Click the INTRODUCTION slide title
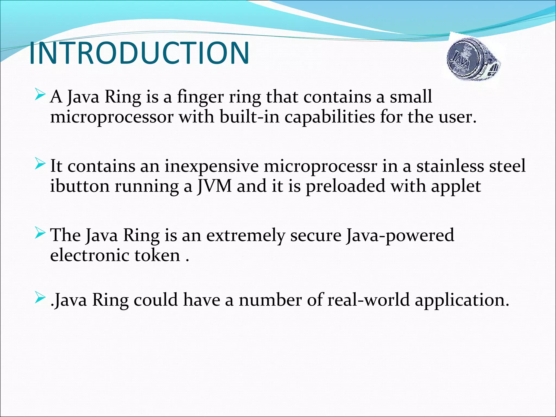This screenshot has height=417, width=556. point(139,53)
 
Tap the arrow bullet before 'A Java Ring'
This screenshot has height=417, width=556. point(40,96)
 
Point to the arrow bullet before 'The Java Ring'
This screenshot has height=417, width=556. point(40,234)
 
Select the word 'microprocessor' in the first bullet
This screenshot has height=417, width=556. point(112,118)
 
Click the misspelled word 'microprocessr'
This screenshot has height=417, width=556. point(320,166)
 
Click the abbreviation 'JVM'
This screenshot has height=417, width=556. point(214,186)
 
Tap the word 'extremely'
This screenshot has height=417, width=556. point(246,235)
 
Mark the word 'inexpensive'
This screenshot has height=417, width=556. point(212,166)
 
